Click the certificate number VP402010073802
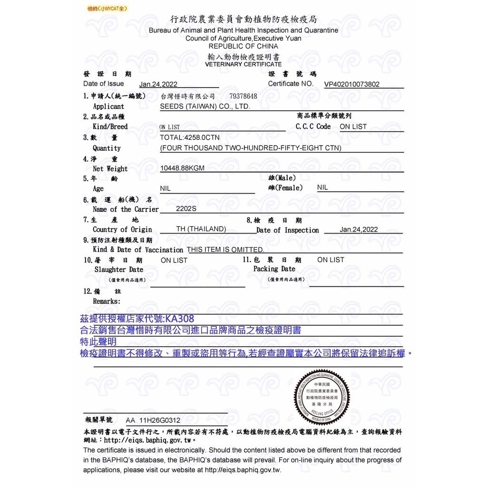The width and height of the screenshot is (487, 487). point(352,85)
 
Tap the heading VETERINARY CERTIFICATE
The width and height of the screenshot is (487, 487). point(243,64)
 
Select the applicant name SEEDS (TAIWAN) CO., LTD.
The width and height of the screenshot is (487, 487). point(205,107)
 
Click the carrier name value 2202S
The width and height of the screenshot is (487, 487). point(186,208)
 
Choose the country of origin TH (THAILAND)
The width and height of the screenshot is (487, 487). point(201,229)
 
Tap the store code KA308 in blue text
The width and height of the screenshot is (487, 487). point(180,319)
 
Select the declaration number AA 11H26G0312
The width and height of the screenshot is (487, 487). point(153,420)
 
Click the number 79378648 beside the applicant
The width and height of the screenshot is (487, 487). point(243,97)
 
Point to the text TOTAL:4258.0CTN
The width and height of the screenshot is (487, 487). point(190,137)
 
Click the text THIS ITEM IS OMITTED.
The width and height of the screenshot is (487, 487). point(225,250)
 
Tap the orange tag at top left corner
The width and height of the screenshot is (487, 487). point(107,9)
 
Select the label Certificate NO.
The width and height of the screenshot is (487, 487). point(291,84)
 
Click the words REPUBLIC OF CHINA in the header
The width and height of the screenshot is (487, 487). point(243,46)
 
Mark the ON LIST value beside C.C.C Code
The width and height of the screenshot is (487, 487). point(353,127)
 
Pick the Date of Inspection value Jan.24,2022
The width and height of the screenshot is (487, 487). point(359,229)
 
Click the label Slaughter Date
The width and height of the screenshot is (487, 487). point(119,270)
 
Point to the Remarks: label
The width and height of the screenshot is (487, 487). point(107,301)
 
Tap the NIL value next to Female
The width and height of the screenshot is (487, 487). point(322,187)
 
